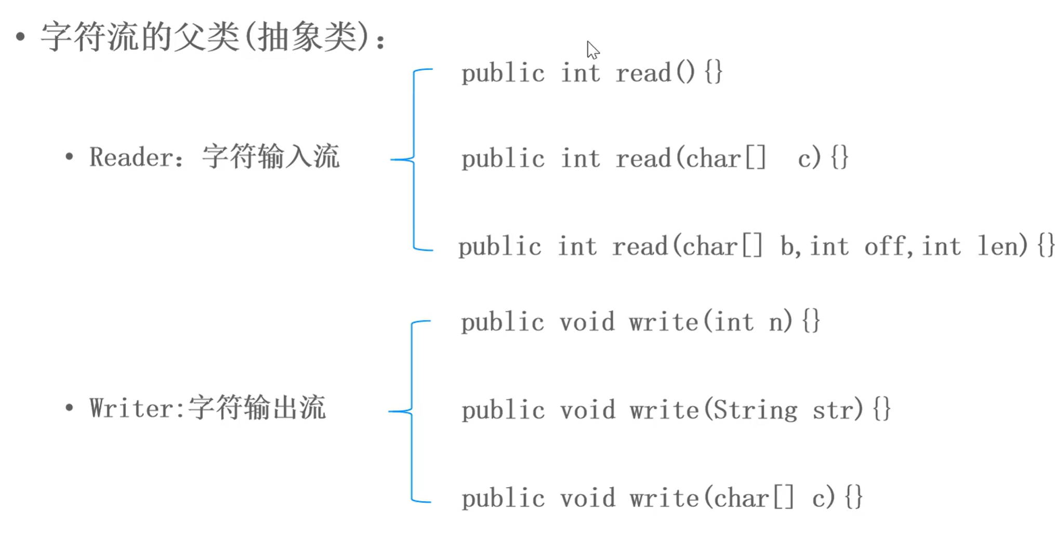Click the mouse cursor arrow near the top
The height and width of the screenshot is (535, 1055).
(592, 50)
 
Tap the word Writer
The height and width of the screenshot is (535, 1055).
(133, 408)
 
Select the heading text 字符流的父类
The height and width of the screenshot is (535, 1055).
(140, 37)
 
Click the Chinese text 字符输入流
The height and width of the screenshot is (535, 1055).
(271, 157)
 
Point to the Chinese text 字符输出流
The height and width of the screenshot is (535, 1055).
(257, 408)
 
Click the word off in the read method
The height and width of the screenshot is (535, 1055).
(885, 246)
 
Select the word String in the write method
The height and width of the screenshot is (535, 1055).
(755, 410)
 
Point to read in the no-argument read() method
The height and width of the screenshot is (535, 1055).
(643, 73)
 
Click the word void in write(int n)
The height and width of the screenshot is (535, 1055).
(587, 322)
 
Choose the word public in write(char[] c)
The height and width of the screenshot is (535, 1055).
(503, 499)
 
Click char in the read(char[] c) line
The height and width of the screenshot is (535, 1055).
(713, 159)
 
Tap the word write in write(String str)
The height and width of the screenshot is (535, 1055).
(664, 410)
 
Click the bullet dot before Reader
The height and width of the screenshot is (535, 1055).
(69, 157)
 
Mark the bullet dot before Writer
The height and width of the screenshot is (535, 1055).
(69, 408)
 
